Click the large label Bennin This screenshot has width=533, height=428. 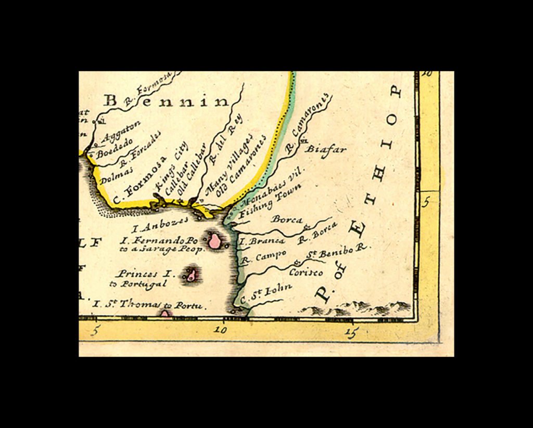coord(166,100)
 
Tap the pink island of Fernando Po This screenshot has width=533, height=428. coord(214,241)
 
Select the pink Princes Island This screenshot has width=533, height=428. coord(191,275)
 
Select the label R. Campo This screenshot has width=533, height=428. coord(263,256)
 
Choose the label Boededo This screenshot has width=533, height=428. coord(115,147)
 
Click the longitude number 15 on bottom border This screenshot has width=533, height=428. coord(352,331)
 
